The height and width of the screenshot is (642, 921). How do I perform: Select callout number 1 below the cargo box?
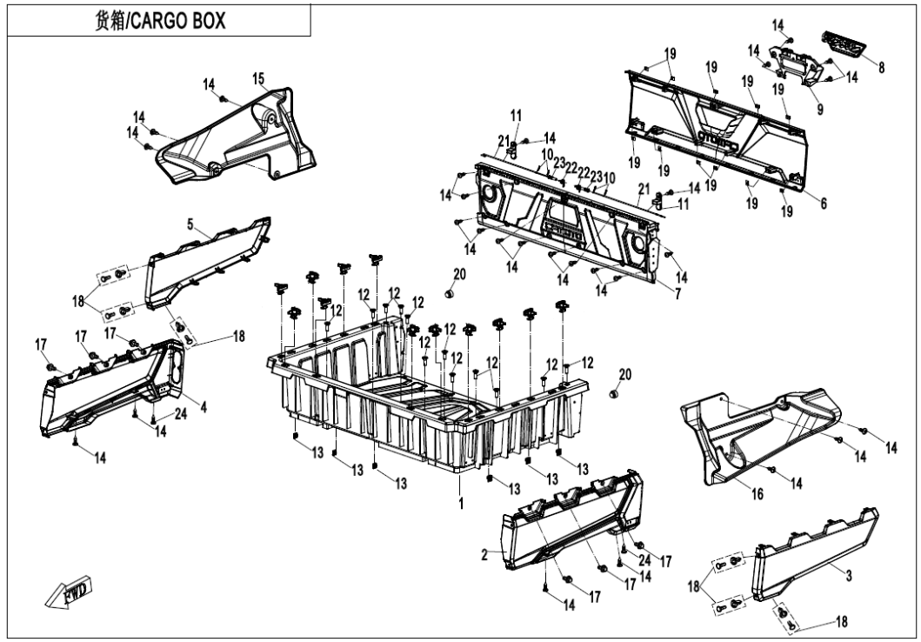point(461,504)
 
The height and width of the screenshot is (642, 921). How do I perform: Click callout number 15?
point(258,79)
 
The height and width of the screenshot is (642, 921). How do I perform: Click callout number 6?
point(823,204)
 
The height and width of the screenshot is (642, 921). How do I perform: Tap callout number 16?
point(757,494)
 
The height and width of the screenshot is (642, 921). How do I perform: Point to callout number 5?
point(190,224)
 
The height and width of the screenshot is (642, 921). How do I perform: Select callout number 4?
point(201,406)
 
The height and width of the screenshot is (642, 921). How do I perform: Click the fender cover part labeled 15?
point(235,139)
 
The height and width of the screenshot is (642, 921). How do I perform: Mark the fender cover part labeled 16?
point(765,431)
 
